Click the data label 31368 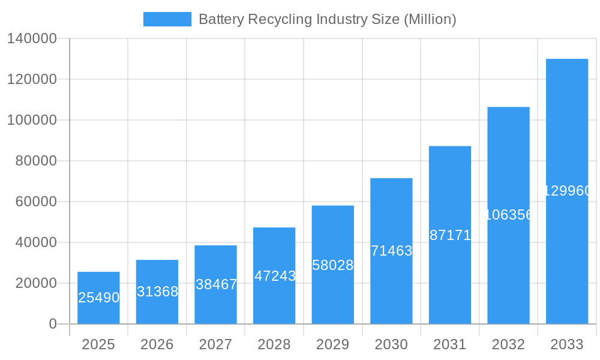(157, 292)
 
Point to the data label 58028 (333, 265)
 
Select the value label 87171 (450, 235)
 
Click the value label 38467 (216, 284)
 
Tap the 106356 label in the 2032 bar (508, 215)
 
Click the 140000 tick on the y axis (31, 38)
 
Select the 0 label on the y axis (52, 324)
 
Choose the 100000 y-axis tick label (31, 120)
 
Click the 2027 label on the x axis (215, 344)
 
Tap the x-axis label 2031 (449, 344)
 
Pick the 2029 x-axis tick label (332, 344)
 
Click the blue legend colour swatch (167, 19)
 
